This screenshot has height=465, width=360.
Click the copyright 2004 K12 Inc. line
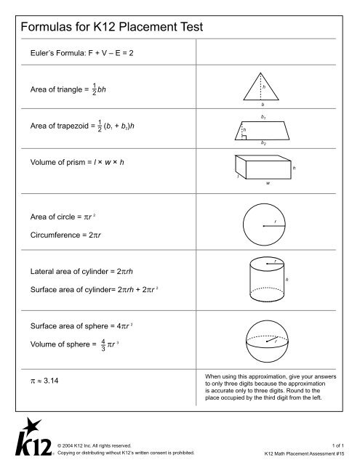95,444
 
